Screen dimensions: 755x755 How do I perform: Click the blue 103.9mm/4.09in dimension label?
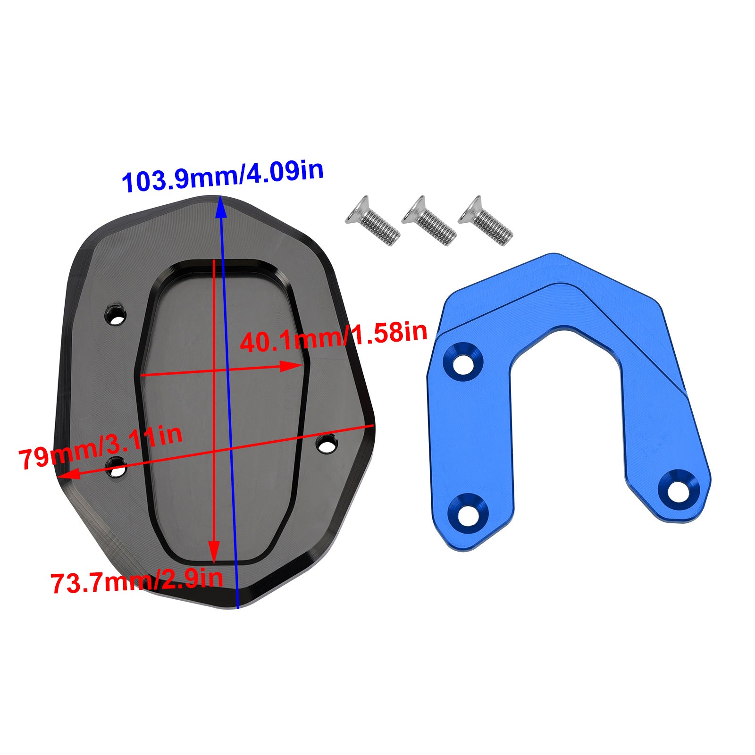click(222, 176)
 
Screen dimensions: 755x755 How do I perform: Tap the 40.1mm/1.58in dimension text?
click(333, 336)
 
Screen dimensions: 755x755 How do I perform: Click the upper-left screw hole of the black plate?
click(116, 316)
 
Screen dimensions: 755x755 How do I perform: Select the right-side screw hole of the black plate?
click(327, 444)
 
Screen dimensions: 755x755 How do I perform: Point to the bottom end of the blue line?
click(238, 607)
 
